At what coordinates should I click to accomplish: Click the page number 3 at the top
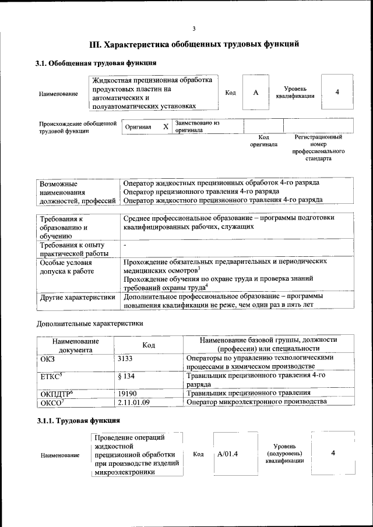(x=194, y=29)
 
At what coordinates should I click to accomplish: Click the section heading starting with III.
(x=194, y=44)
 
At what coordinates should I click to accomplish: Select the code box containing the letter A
(x=255, y=93)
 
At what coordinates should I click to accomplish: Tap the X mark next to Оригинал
(x=166, y=126)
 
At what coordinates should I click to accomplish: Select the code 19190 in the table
(x=127, y=394)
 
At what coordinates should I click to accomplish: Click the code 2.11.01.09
(x=134, y=402)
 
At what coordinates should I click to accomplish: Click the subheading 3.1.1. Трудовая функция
(x=78, y=420)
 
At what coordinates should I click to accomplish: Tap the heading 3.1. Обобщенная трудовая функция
(x=96, y=63)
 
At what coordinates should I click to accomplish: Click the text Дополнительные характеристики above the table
(x=90, y=323)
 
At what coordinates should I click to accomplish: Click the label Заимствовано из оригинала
(x=196, y=126)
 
